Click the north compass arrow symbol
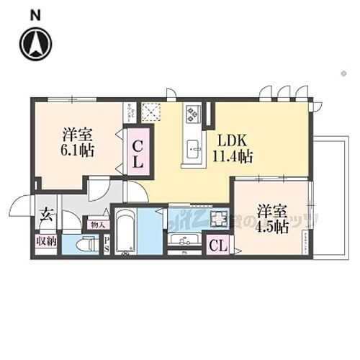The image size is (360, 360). (34, 42)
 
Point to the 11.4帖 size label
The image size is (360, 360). (233, 155)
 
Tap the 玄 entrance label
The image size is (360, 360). (45, 214)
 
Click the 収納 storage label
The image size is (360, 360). (45, 241)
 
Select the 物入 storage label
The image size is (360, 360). (95, 225)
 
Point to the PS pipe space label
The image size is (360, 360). (107, 245)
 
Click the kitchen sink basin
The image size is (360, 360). (194, 149)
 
